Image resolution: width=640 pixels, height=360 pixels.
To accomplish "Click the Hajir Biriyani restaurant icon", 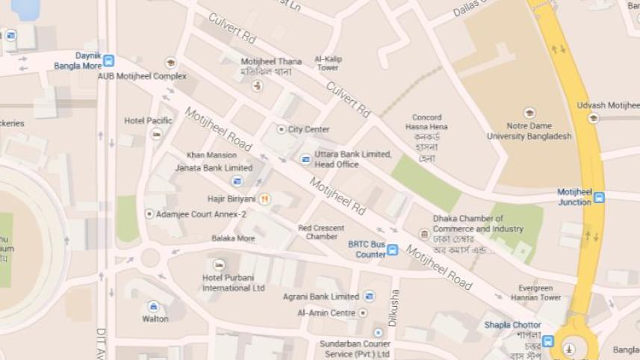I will (x=265, y=199).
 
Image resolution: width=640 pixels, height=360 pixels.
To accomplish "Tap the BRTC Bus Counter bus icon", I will (x=392, y=250).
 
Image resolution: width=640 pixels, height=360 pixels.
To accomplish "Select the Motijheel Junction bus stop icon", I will (x=599, y=198).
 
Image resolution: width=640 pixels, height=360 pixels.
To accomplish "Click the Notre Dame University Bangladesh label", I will (x=529, y=131).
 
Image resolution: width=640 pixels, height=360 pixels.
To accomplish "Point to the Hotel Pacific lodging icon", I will (x=156, y=134).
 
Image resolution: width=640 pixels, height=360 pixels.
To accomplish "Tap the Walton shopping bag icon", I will (x=153, y=306).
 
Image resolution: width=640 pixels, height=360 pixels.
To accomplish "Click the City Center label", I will (x=308, y=129).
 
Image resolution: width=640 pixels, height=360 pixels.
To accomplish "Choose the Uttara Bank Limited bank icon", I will (x=305, y=159).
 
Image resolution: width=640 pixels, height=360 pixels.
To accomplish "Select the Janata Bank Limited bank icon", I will (x=237, y=181).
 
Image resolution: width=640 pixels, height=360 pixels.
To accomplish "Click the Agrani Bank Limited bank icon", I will (x=369, y=297).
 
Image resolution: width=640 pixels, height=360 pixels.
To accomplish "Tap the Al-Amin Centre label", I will (x=326, y=313).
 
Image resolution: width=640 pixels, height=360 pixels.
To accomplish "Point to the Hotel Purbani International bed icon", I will (x=219, y=265).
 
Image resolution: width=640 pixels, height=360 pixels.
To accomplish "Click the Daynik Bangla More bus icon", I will (x=109, y=60).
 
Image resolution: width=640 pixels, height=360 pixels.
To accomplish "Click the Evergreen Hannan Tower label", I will (x=535, y=293).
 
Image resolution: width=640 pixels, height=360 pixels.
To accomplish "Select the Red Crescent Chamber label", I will (x=321, y=232).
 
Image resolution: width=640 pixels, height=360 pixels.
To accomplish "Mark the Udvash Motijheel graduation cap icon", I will (x=594, y=118).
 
